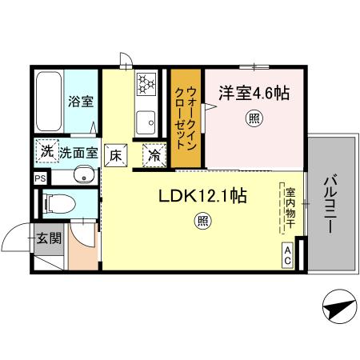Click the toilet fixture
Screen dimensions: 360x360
coord(58,203)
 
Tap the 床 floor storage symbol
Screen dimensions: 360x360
coord(117,154)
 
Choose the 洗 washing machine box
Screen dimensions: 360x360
coord(45,152)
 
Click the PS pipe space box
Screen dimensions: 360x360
coord(39,178)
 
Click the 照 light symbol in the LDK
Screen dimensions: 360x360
coord(202,223)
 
